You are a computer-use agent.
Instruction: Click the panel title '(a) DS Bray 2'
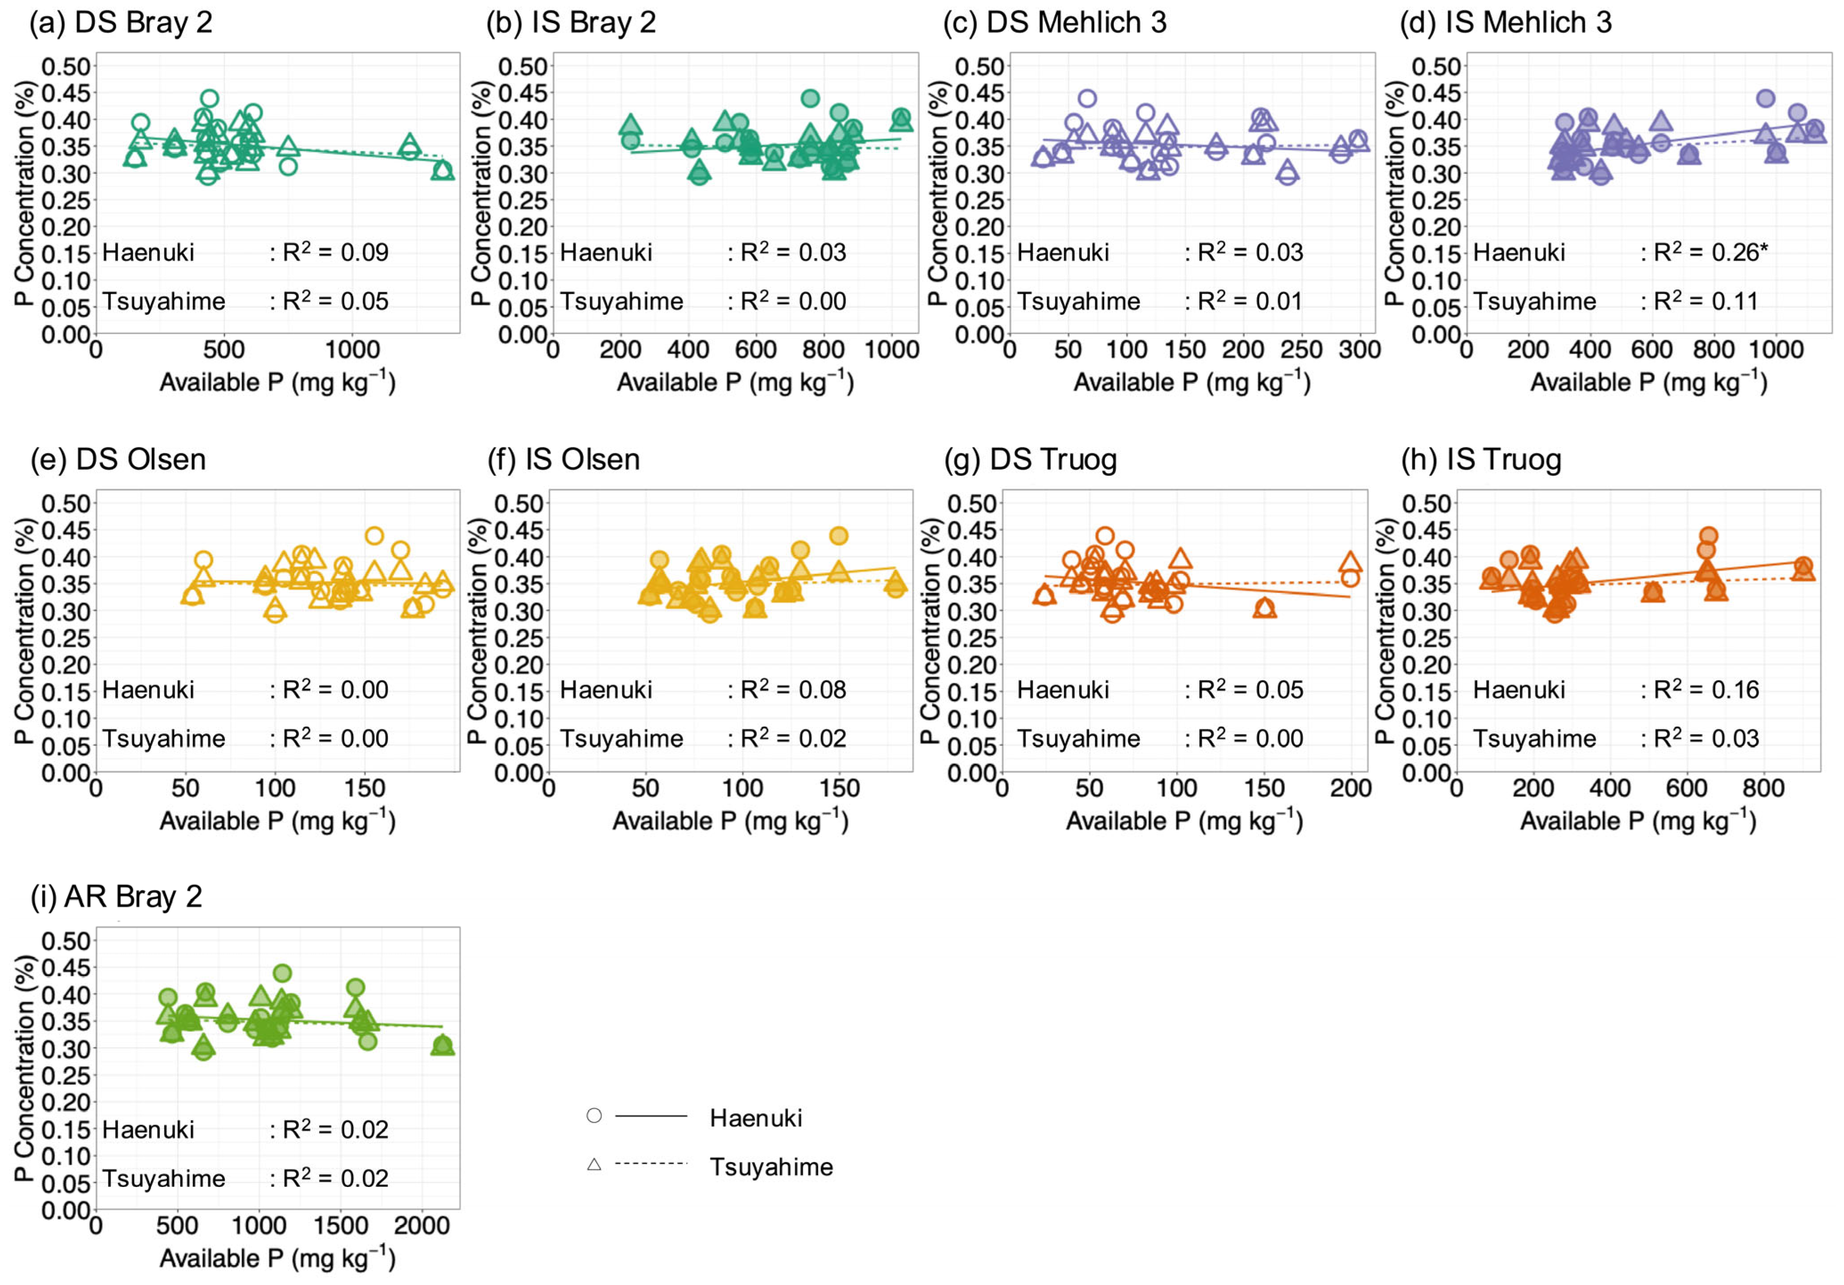pyautogui.click(x=121, y=23)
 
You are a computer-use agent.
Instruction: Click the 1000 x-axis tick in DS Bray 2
pyautogui.click(x=352, y=350)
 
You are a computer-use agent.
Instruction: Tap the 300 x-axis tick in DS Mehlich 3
pyautogui.click(x=1359, y=350)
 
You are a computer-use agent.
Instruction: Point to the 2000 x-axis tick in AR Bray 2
pyautogui.click(x=422, y=1226)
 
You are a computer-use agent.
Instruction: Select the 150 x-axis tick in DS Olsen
pyautogui.click(x=366, y=788)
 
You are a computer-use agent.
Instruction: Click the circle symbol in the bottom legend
pyautogui.click(x=594, y=1115)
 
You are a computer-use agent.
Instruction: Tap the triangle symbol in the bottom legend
pyautogui.click(x=594, y=1164)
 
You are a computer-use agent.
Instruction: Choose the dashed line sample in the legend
pyautogui.click(x=650, y=1164)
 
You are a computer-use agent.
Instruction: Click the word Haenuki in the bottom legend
pyautogui.click(x=756, y=1118)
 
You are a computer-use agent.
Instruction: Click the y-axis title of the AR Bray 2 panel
pyautogui.click(x=24, y=1068)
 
